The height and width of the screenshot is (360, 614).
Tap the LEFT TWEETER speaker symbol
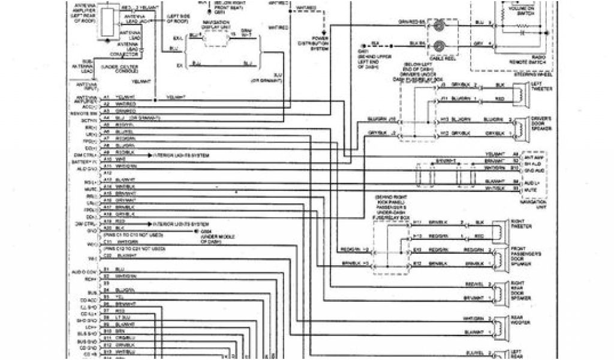(525, 92)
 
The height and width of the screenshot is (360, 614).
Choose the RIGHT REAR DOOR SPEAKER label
(519, 292)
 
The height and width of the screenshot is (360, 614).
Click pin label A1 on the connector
(106, 97)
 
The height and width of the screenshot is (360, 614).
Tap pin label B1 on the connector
(106, 269)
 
